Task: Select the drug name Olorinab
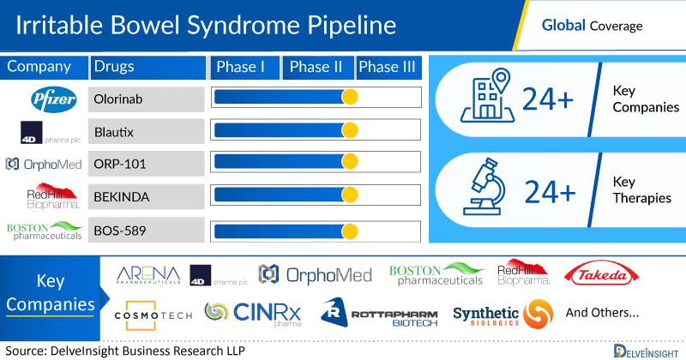click(118, 99)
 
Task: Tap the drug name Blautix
click(114, 132)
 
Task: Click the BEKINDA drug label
click(121, 197)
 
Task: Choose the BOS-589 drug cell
click(119, 231)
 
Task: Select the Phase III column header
click(390, 68)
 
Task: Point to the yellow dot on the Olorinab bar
click(349, 99)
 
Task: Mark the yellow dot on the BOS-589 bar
click(349, 231)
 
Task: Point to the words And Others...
click(601, 313)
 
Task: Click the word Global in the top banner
click(563, 26)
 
